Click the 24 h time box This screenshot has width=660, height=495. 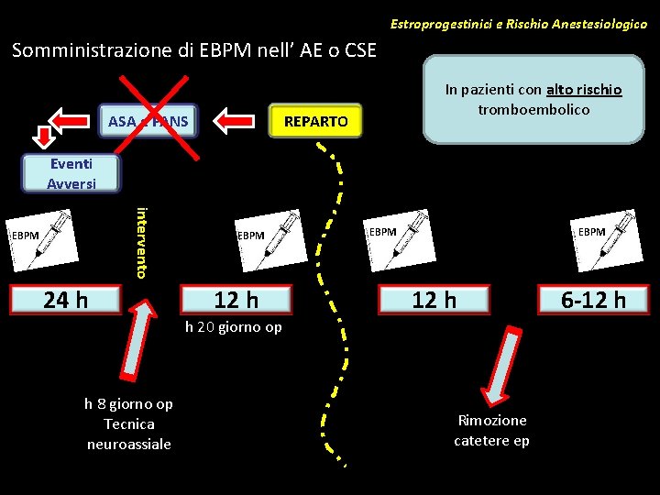[x=66, y=299]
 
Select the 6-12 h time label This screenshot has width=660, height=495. [x=594, y=299]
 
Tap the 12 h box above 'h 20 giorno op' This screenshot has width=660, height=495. [x=236, y=299]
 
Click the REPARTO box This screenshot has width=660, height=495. [x=315, y=121]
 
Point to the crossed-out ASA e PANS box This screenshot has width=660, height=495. [x=148, y=121]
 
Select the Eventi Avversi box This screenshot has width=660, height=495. [x=71, y=173]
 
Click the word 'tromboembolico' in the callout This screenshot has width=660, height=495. [x=533, y=109]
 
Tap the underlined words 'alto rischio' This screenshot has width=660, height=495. [x=584, y=90]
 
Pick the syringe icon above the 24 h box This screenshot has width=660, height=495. [x=42, y=237]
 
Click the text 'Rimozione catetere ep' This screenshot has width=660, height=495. [x=491, y=430]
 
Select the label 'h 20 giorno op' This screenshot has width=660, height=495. [x=233, y=327]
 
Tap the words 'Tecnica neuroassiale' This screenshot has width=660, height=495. [x=128, y=434]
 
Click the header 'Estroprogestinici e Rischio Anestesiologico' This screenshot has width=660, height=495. [x=518, y=23]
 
